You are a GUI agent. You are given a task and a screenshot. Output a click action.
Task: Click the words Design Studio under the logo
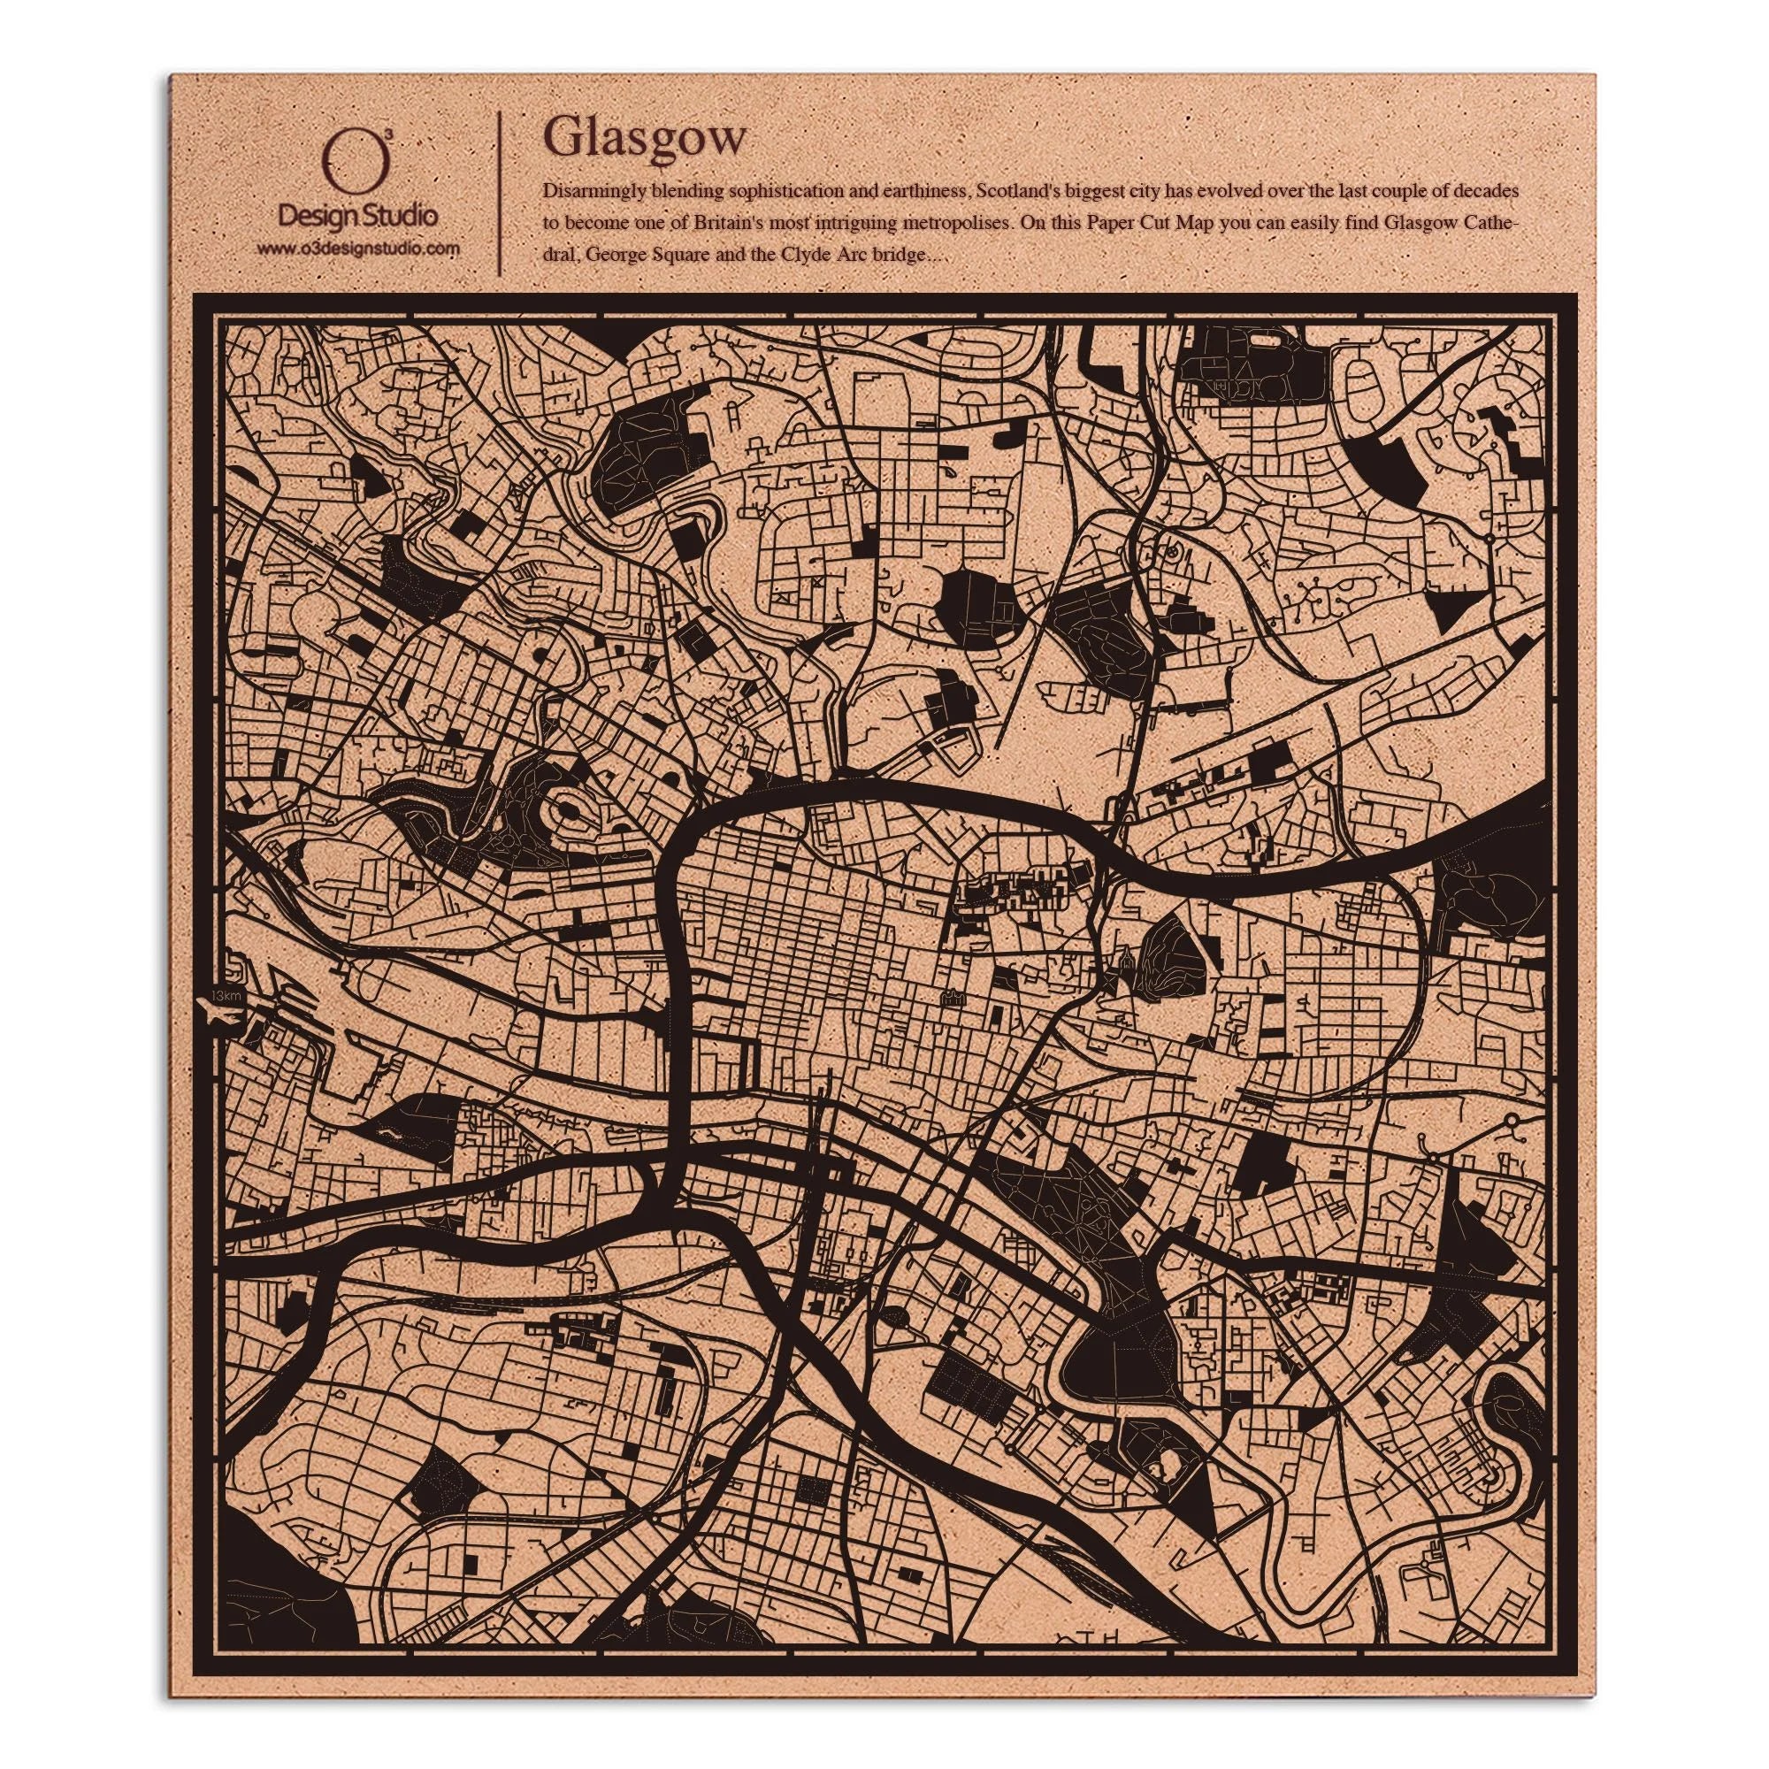coord(357,217)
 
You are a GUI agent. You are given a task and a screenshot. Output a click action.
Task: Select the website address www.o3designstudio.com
coord(357,248)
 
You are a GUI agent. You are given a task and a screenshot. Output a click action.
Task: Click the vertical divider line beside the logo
coord(499,192)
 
